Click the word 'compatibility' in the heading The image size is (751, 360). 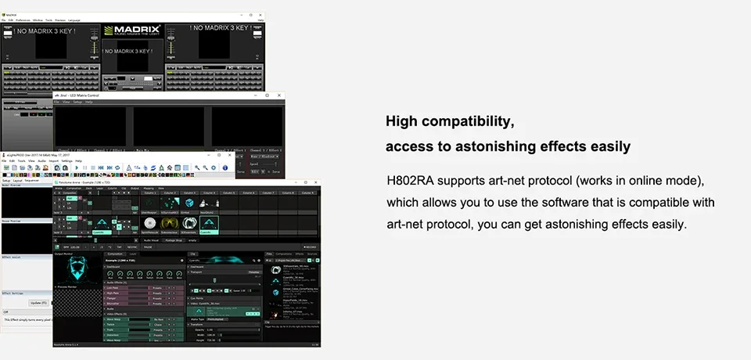[x=470, y=122]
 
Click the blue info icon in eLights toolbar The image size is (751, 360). [x=225, y=167]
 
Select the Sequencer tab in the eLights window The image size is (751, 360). [x=31, y=180]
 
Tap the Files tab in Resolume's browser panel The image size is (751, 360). [x=269, y=254]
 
